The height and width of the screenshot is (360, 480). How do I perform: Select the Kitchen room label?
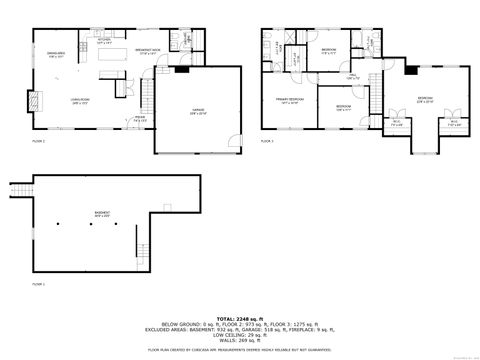pyautogui.click(x=103, y=42)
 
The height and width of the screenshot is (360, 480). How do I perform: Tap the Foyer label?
pyautogui.click(x=140, y=119)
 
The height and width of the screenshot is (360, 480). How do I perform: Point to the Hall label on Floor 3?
pyautogui.click(x=349, y=76)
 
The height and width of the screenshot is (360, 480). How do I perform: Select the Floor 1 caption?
pyautogui.click(x=37, y=284)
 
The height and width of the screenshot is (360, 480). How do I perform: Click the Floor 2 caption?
pyautogui.click(x=37, y=141)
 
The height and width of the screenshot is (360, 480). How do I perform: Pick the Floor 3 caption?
pyautogui.click(x=267, y=141)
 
